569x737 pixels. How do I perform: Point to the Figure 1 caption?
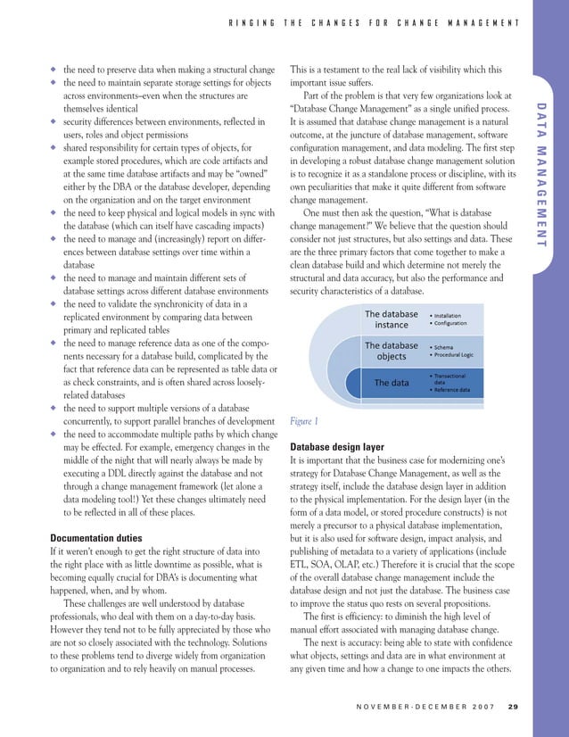(x=304, y=421)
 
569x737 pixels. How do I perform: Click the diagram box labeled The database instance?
(x=391, y=319)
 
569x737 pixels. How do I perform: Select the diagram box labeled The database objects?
(x=391, y=351)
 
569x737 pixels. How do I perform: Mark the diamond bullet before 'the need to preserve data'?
(x=54, y=70)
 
